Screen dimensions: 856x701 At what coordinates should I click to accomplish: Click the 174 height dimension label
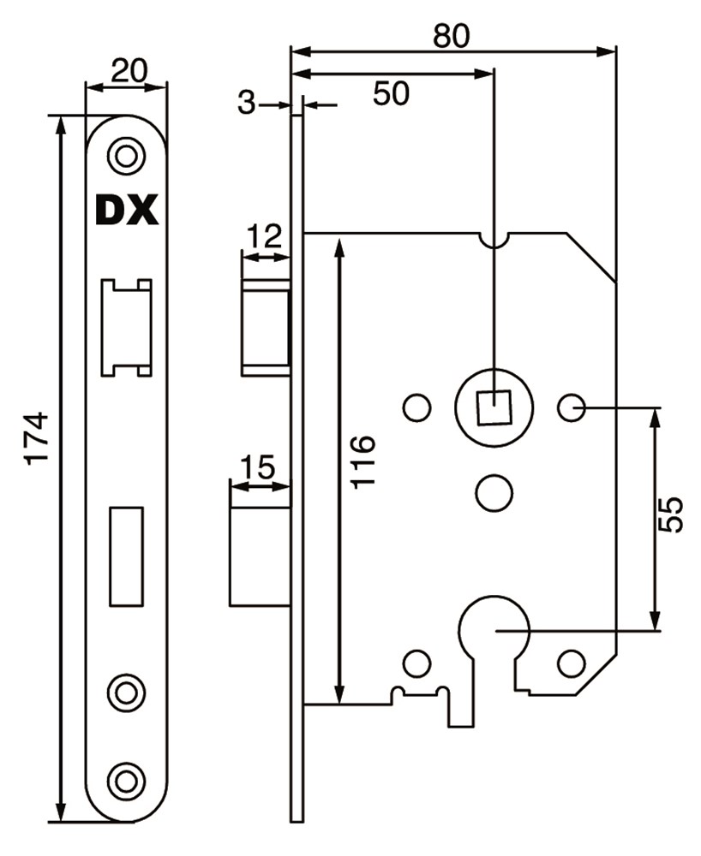[37, 437]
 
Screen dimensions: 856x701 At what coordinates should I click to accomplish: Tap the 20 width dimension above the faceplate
[127, 70]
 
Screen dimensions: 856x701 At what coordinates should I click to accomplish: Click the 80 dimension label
[452, 36]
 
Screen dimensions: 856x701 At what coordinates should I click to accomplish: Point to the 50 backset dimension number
[390, 93]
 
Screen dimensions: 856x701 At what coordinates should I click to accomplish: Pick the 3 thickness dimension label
[247, 104]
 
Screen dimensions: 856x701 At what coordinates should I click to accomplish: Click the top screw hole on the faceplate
[126, 157]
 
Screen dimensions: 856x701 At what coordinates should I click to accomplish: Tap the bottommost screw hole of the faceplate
[126, 780]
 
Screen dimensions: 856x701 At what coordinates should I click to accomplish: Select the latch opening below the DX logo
[126, 326]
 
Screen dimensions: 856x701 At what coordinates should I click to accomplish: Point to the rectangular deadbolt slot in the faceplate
[126, 556]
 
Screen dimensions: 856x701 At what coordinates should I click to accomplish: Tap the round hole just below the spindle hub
[494, 493]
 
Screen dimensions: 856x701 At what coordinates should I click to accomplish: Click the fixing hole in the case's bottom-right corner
[571, 663]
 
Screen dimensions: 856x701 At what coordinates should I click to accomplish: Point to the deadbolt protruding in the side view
[260, 556]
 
